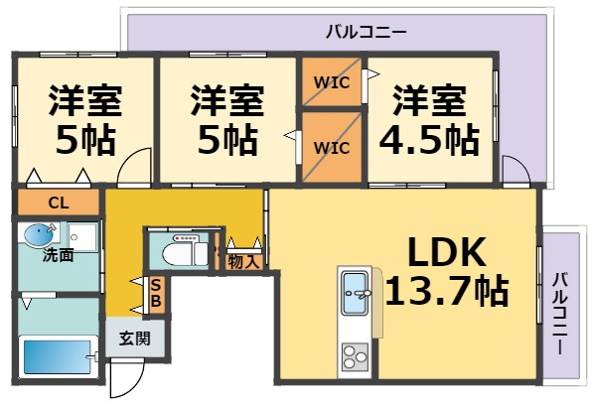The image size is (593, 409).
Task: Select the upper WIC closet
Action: [332, 82]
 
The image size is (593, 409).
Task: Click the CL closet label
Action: [58, 204]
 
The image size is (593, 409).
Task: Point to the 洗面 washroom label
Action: [58, 255]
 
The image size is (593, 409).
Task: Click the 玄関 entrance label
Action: [135, 338]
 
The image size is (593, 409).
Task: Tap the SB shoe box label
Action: [156, 292]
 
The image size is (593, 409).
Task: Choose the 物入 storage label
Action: [243, 262]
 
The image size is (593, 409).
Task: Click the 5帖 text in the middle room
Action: [227, 140]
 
